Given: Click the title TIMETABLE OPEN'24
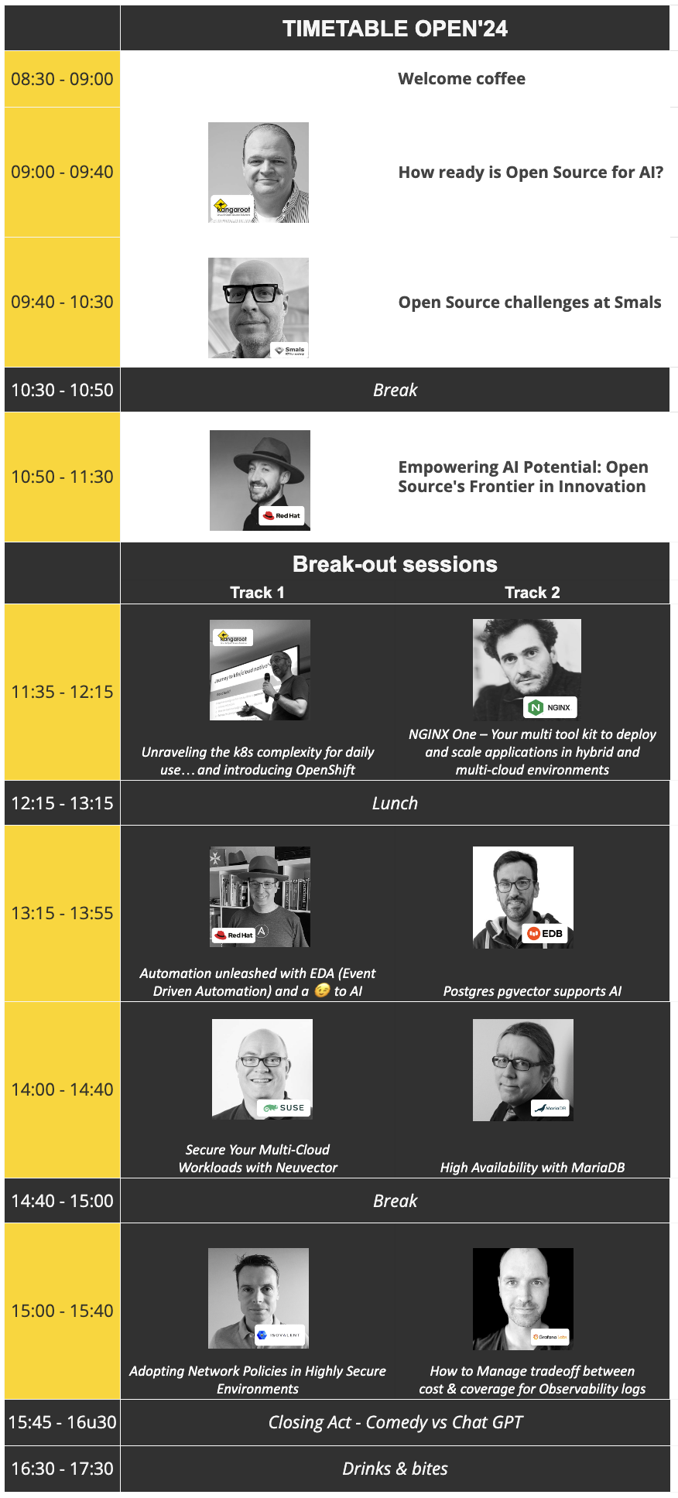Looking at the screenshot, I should pyautogui.click(x=395, y=29).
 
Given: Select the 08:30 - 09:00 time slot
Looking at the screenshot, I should pyautogui.click(x=62, y=79).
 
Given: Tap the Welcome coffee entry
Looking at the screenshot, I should pyautogui.click(x=461, y=79).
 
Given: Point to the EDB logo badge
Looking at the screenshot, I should pyautogui.click(x=545, y=934).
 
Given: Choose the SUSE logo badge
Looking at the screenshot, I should pyautogui.click(x=284, y=1108).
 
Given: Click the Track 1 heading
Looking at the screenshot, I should pyautogui.click(x=257, y=593).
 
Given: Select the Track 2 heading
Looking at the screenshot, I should pyautogui.click(x=532, y=593).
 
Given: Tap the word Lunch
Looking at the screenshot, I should pyautogui.click(x=395, y=803).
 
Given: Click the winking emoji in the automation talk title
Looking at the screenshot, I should pyautogui.click(x=322, y=990).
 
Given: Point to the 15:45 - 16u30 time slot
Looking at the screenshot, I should pyautogui.click(x=62, y=1422).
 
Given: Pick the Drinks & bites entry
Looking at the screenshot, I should pyautogui.click(x=395, y=1469).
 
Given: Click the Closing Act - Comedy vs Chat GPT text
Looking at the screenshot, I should pyautogui.click(x=395, y=1422).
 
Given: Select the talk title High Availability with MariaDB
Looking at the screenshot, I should pyautogui.click(x=532, y=1168).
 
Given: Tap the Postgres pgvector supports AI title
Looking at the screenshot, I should pyautogui.click(x=532, y=991).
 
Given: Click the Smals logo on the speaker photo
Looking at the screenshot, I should pyautogui.click(x=290, y=351).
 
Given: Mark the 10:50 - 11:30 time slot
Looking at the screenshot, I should pyautogui.click(x=62, y=477).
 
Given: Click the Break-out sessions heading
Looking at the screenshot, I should pyautogui.click(x=395, y=564).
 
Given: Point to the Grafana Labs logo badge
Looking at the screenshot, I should pyautogui.click(x=550, y=1337).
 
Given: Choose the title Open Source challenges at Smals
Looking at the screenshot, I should pyautogui.click(x=529, y=303).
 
